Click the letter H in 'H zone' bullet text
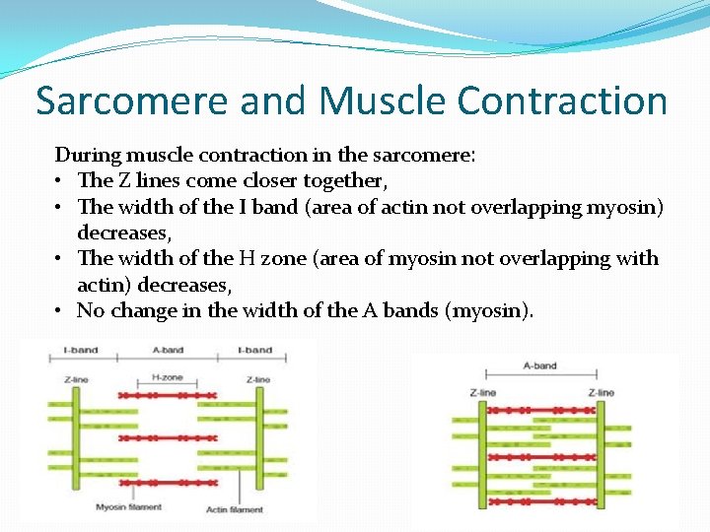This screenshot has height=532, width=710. [x=248, y=259]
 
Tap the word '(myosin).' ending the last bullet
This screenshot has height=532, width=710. [x=490, y=311]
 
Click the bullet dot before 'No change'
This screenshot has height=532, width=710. [x=61, y=311]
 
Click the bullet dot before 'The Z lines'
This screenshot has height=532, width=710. [x=61, y=181]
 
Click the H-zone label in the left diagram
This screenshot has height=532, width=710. [x=168, y=377]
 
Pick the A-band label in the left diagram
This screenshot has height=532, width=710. [x=168, y=350]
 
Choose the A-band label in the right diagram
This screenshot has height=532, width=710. [x=539, y=366]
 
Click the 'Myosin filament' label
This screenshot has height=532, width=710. [x=128, y=507]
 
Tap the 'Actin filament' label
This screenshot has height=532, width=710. [x=234, y=509]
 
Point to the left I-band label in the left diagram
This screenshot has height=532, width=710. [x=80, y=350]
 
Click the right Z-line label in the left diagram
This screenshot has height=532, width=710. [x=258, y=379]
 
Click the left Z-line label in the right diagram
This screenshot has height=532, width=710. [x=483, y=392]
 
